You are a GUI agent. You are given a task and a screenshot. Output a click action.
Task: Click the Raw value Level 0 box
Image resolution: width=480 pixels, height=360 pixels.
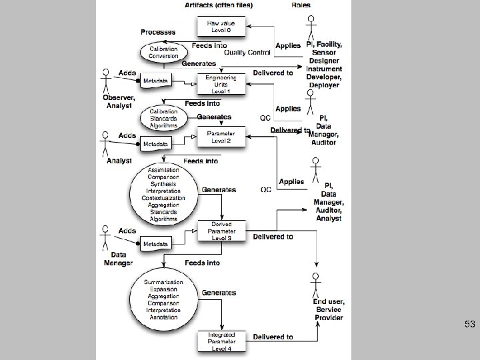(x=216, y=27)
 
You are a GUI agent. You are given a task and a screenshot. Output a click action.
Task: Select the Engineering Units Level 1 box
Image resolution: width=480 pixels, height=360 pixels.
(x=216, y=83)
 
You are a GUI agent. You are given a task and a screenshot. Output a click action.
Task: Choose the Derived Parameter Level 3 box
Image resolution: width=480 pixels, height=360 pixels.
(x=217, y=231)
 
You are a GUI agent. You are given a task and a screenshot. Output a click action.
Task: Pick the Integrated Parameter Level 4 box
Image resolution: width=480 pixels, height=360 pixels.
(x=217, y=341)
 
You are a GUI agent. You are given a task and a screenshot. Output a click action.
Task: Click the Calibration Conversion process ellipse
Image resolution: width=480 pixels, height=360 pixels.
(x=163, y=52)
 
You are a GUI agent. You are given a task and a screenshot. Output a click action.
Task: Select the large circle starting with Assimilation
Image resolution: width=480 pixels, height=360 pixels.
(x=163, y=194)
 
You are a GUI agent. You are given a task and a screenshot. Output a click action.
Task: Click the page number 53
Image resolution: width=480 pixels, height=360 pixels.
(x=470, y=325)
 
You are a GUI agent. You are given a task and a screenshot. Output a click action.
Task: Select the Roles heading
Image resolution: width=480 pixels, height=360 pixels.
(x=301, y=5)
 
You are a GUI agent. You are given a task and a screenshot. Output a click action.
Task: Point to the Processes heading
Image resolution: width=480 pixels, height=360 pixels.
(x=158, y=32)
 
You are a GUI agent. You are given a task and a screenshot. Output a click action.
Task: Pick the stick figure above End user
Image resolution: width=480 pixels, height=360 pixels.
(x=314, y=284)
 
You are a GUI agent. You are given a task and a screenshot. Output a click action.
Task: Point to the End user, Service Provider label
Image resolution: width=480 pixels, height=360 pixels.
(x=328, y=309)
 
